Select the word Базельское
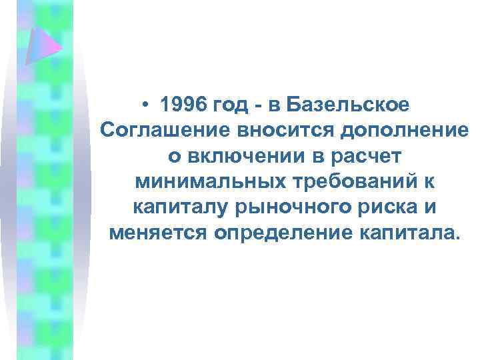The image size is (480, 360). point(354,105)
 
